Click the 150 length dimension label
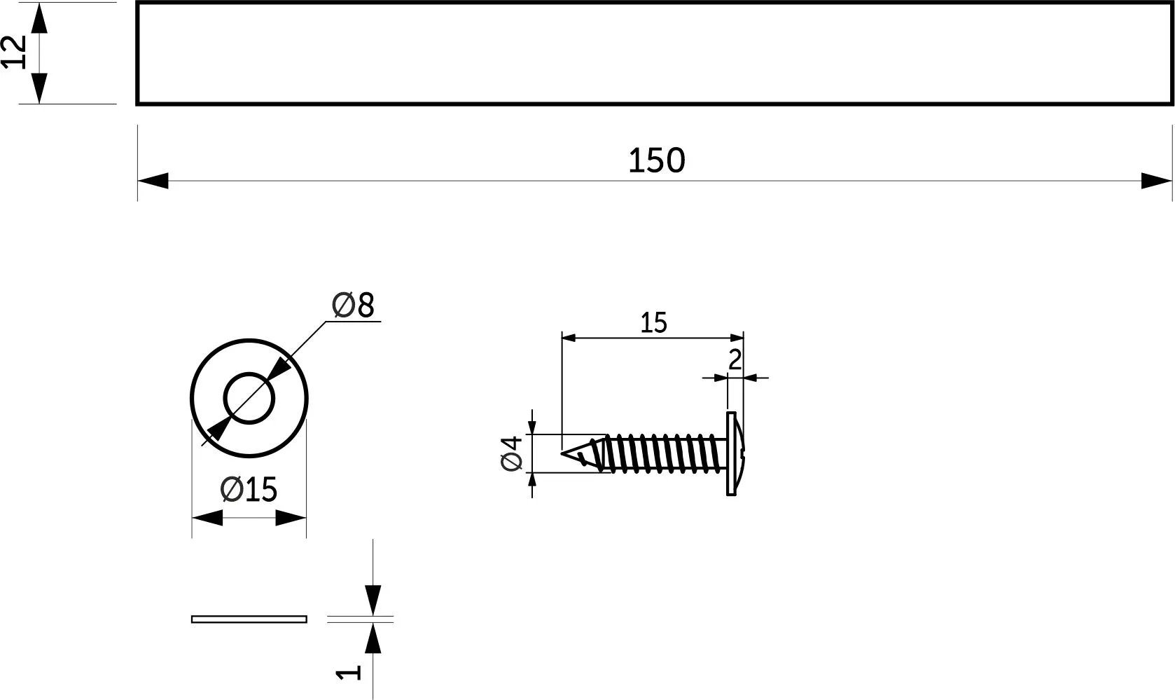[657, 160]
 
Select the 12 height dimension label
[14, 52]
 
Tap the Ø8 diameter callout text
[354, 306]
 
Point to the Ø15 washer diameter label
[249, 490]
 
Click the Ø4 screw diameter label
[512, 453]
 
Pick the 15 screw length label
[653, 323]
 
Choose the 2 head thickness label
[735, 360]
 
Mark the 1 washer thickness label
[349, 672]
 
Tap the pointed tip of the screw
[562, 453]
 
